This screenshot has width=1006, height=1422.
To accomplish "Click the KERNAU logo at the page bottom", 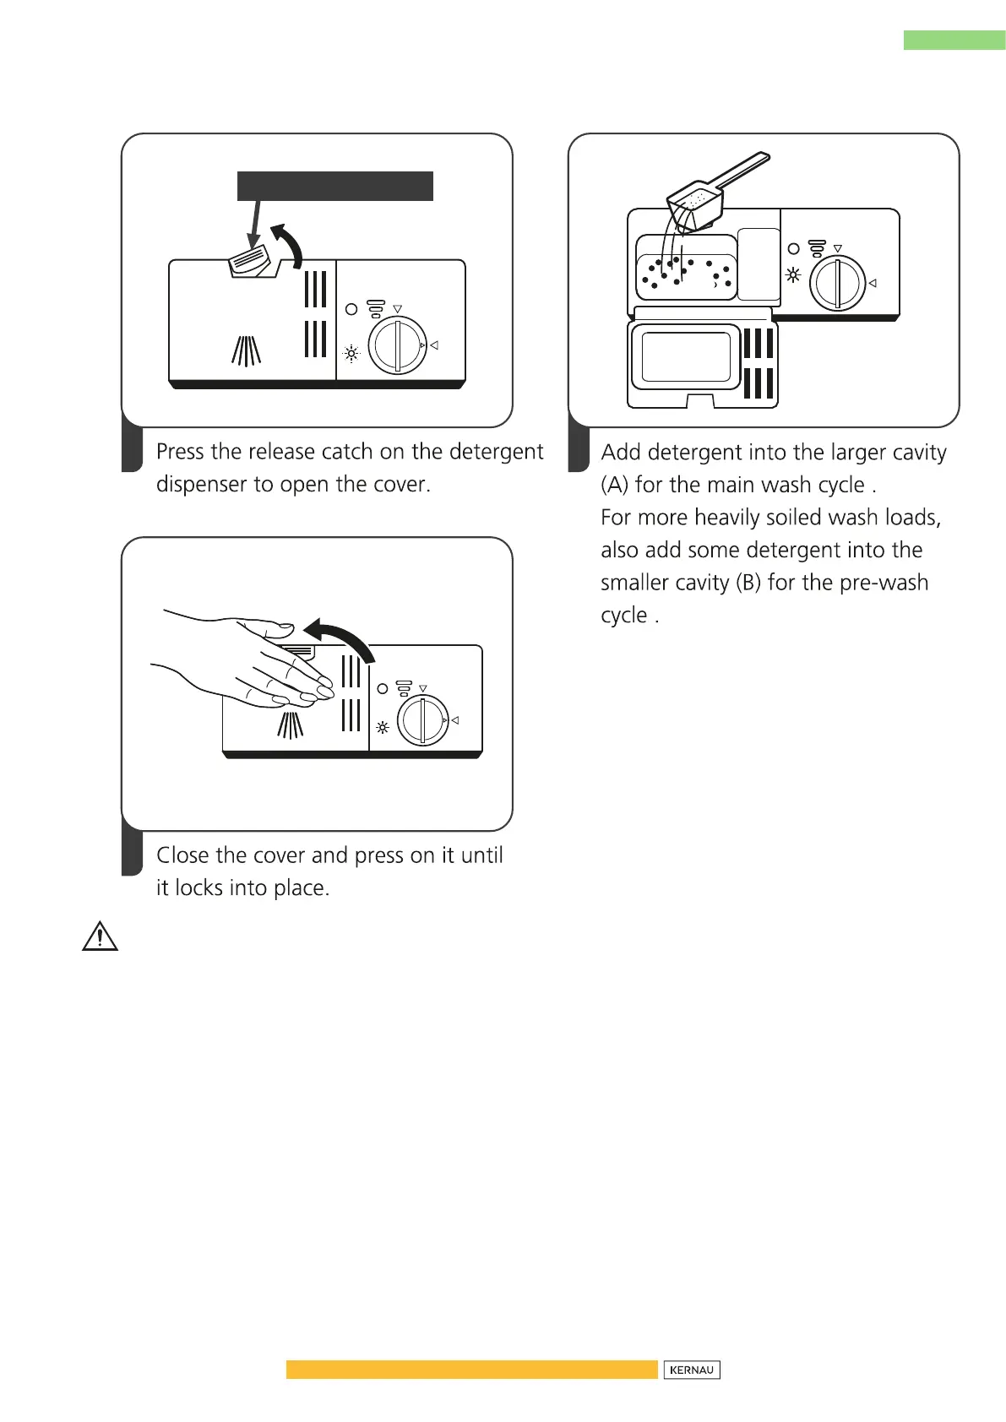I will [691, 1370].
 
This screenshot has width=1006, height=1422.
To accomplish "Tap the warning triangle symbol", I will [100, 936].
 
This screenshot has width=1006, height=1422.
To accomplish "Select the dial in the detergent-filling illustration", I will [837, 284].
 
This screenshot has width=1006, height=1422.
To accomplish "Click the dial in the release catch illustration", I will [398, 345].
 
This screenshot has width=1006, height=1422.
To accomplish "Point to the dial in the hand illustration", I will [422, 720].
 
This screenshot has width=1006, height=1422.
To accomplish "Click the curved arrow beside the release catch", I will [287, 244].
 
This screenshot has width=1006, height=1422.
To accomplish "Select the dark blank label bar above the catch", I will [334, 186].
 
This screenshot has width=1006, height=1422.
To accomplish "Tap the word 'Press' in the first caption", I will [181, 452].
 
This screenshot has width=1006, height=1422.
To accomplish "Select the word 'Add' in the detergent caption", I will [621, 453].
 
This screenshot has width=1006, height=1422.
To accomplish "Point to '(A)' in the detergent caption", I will [614, 485].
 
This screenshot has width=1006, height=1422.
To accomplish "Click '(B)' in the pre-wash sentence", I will [748, 583].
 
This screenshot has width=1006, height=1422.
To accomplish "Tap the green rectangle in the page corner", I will [954, 40].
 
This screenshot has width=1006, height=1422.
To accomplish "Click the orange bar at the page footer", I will [471, 1369].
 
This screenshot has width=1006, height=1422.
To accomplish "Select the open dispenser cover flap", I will [701, 365].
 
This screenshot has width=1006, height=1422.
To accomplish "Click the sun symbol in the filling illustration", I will [793, 274].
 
